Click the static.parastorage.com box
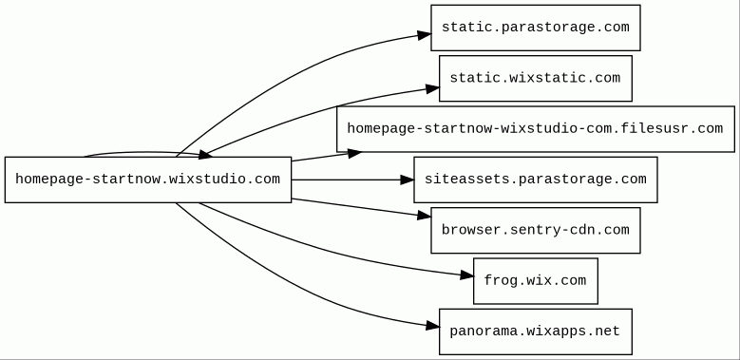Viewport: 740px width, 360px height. (535, 28)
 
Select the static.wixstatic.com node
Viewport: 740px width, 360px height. (535, 78)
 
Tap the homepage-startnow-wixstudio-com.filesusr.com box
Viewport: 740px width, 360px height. (535, 129)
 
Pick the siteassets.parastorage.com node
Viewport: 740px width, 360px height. (535, 180)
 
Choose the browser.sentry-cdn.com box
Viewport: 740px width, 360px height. (535, 230)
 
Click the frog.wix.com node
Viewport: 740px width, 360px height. (535, 281)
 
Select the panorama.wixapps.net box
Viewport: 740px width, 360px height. (535, 332)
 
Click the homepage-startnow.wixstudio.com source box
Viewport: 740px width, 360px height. (148, 180)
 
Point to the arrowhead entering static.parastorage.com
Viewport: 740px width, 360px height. (425, 34)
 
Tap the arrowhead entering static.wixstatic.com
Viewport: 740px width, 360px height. (433, 88)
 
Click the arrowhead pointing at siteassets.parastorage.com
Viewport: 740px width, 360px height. (408, 180)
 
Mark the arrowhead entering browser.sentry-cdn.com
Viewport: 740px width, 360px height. (425, 216)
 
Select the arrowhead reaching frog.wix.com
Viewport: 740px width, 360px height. (466, 275)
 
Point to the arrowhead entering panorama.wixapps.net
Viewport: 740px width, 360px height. (433, 326)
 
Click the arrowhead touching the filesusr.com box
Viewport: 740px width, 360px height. (354, 153)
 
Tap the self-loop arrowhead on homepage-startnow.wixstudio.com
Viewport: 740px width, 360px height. (205, 154)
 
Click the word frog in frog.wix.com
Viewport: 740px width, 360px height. (501, 281)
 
